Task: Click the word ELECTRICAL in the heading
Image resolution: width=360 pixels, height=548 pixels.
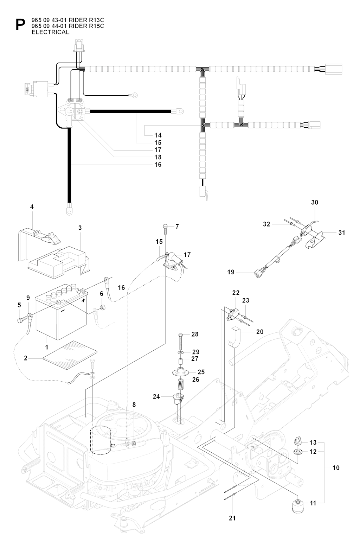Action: (x=51, y=32)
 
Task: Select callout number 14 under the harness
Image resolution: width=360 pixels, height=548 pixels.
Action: (x=158, y=135)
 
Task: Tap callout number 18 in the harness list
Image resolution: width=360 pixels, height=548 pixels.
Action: (x=158, y=157)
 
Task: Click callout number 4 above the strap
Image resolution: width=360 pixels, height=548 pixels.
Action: (x=32, y=208)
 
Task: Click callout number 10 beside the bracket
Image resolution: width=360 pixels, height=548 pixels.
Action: (x=336, y=468)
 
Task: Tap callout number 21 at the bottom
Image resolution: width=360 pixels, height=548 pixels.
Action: (x=232, y=518)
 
